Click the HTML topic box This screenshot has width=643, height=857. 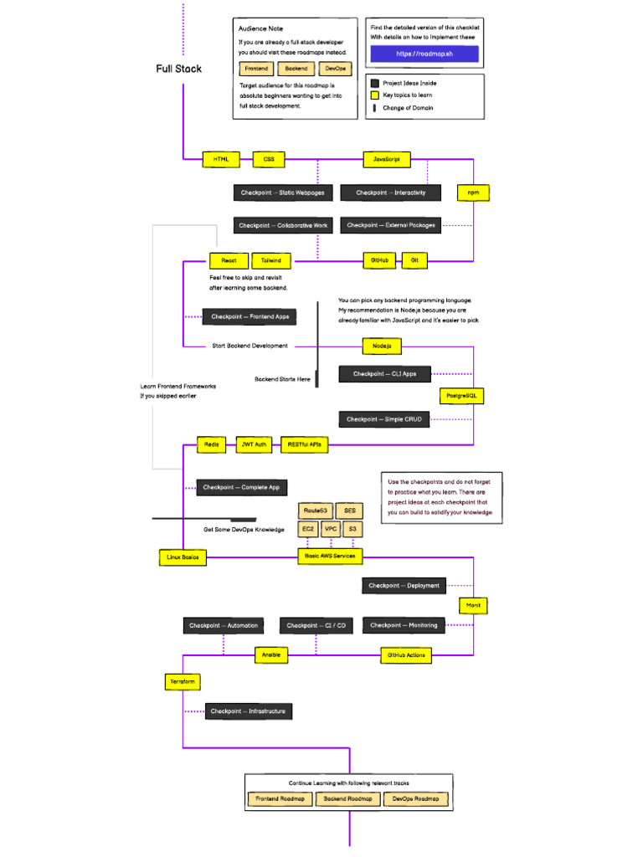pos(220,159)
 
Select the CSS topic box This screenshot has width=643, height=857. pos(269,159)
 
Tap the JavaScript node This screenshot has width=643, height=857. pos(386,159)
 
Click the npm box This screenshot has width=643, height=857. pos(473,193)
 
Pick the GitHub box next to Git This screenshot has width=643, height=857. pos(379,261)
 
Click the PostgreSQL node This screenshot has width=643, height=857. pos(462,395)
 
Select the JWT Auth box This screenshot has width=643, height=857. pos(255,445)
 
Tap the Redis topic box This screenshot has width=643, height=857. pos(212,445)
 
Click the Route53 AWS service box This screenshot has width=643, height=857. pos(316,510)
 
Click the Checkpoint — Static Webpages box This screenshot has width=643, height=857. pos(283,193)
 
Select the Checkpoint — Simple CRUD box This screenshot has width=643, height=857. pos(384,419)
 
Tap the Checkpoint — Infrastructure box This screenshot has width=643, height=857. pos(248,711)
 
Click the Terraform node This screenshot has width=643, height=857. pos(183,682)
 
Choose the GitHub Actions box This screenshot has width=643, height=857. pos(406,655)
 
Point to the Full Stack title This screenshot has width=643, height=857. pos(178,69)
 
